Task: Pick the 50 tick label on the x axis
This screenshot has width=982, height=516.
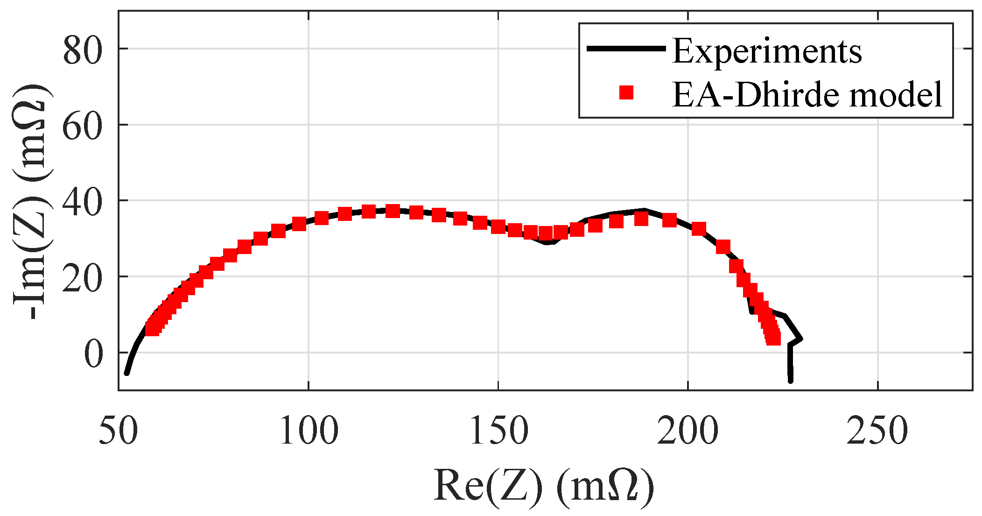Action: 119,431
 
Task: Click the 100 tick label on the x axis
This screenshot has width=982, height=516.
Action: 309,431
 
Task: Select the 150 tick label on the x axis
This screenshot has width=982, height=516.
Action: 498,431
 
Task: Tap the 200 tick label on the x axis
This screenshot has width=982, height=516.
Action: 688,431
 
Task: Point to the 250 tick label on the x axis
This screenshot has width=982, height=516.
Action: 877,431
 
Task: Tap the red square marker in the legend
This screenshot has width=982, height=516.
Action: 626,92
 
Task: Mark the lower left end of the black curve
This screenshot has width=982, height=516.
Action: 126,373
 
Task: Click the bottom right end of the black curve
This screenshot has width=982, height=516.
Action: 791,381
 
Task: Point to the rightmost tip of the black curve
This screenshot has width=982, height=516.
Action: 801,339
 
